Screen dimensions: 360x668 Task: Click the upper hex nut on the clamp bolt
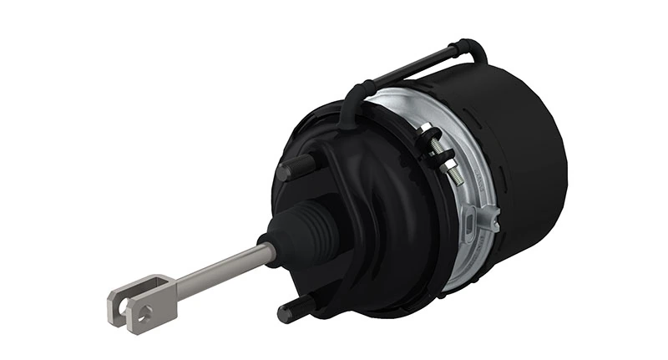(428, 133)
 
